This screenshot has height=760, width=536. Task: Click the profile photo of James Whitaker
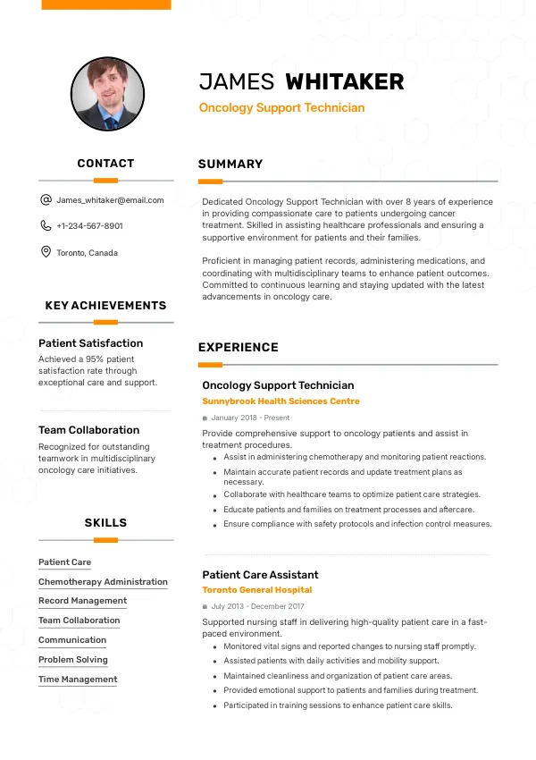(107, 94)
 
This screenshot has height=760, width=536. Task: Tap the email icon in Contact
(46, 200)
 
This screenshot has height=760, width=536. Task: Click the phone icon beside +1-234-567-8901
(46, 226)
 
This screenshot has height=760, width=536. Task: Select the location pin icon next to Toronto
(46, 252)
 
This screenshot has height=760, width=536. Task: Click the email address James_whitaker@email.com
(110, 200)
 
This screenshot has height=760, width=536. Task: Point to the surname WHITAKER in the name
(344, 82)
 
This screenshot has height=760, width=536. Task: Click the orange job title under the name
(281, 108)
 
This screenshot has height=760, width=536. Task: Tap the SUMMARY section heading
(230, 165)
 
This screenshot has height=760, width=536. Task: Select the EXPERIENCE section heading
(239, 348)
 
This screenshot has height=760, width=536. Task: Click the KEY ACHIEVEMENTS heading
(105, 306)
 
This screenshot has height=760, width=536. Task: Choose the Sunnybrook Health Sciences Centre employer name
(281, 401)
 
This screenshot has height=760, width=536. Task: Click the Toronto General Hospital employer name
(257, 590)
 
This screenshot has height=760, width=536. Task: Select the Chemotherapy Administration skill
(103, 582)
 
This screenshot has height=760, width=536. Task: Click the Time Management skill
(78, 680)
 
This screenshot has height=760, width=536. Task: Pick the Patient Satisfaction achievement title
(90, 343)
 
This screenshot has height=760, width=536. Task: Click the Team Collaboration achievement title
(88, 430)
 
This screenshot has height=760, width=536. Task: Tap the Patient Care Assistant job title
(260, 575)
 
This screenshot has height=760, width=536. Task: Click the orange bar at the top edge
(106, 4)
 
